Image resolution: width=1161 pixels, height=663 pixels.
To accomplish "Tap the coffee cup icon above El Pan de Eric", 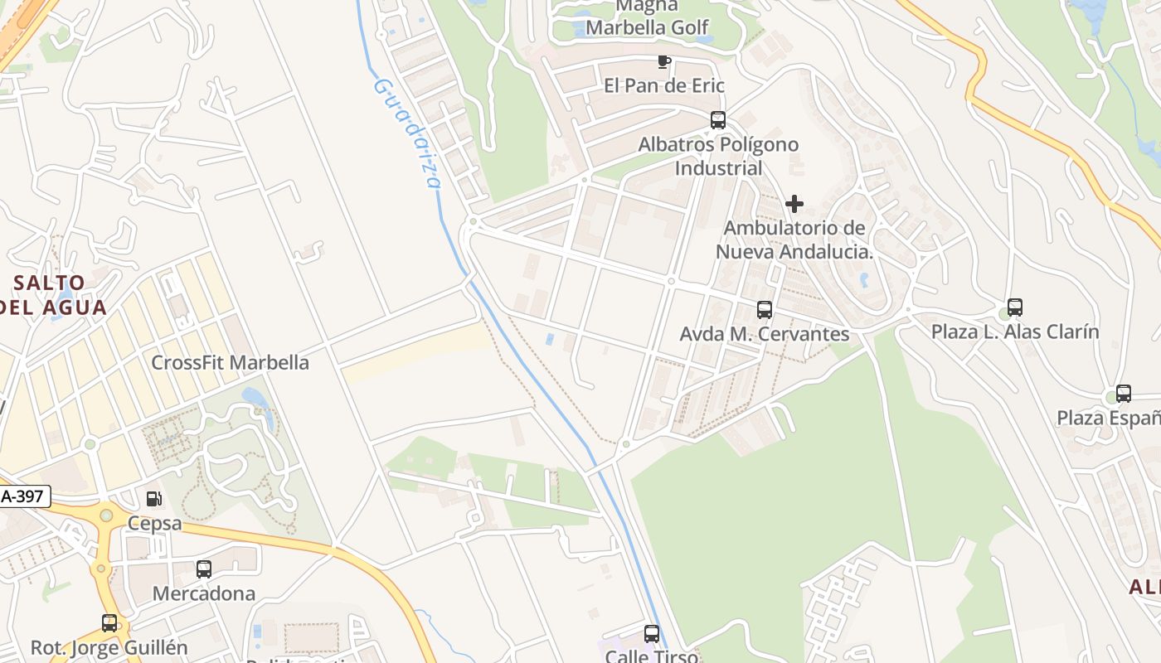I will [663, 61].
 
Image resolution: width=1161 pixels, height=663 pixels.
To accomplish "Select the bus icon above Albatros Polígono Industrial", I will [718, 120].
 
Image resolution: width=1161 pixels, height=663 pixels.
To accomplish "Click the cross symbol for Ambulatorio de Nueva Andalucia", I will [794, 204].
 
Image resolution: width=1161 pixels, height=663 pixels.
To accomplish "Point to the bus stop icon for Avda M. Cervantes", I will [765, 310].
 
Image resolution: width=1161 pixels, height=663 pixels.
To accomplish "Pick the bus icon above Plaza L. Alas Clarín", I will [1015, 307].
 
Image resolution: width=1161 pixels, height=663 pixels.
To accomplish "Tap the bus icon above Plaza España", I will [1124, 394].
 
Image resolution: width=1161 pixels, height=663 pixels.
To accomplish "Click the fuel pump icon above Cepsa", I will [153, 499].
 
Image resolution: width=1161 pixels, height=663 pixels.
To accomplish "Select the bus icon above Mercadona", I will [204, 569].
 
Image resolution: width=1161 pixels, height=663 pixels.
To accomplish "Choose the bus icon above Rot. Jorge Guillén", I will [109, 623].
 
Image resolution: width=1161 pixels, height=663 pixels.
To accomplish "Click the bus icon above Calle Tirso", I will [652, 634].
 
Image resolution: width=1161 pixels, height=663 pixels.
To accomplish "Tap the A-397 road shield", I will [25, 497].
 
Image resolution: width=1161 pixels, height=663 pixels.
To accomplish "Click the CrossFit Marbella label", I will [230, 363].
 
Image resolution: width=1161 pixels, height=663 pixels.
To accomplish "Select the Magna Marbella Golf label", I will [649, 18].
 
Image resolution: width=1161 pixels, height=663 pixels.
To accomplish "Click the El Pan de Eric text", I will [663, 85].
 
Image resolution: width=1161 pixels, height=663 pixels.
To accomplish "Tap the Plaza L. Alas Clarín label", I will [1015, 332].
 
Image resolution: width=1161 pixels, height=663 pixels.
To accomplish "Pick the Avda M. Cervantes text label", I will [765, 334].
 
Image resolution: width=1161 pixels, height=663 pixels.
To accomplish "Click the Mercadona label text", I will [204, 594].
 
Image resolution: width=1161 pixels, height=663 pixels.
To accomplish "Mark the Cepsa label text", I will [154, 524].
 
